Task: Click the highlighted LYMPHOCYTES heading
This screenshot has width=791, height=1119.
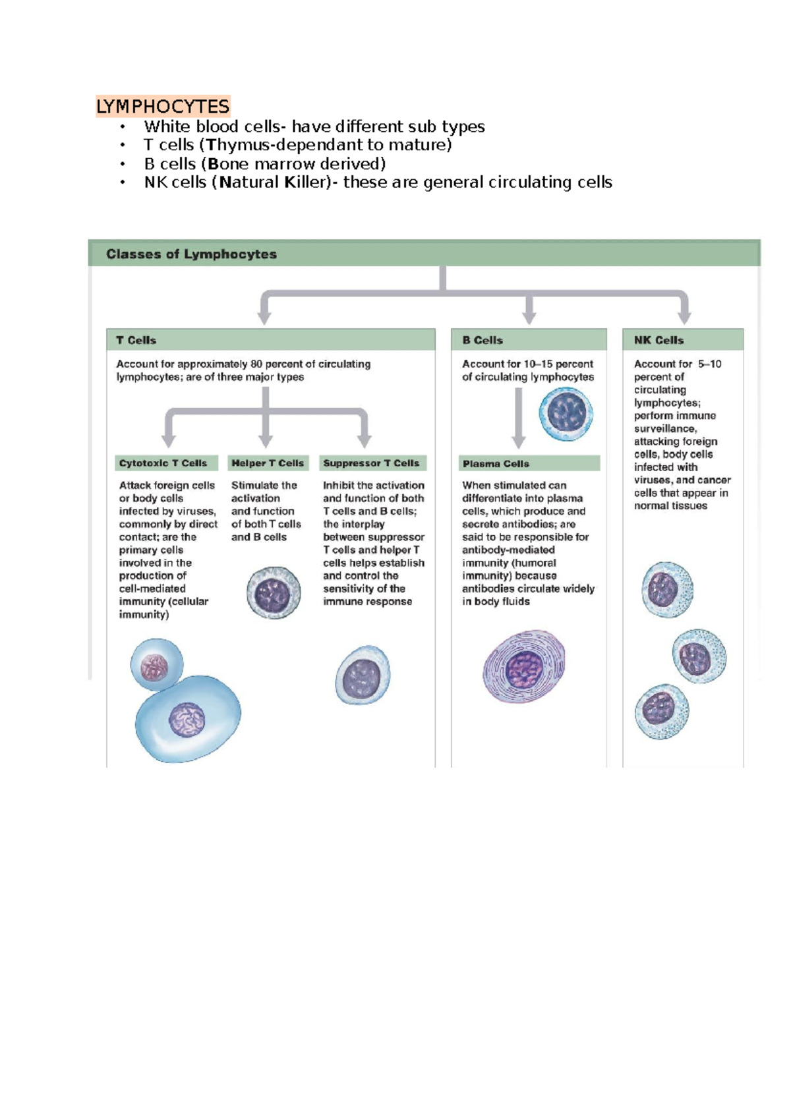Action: tap(163, 106)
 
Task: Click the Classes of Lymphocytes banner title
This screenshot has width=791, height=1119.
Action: tap(191, 254)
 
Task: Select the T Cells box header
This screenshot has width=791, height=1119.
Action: tap(136, 340)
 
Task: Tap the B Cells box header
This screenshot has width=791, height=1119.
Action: tap(483, 340)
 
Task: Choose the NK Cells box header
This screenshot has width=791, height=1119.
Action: tap(659, 340)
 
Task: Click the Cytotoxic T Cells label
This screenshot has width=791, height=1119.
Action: tap(163, 463)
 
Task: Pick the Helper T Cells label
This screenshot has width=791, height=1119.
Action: tap(268, 463)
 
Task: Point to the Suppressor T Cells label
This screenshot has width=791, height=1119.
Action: tap(371, 463)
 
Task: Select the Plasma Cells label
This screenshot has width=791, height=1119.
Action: tap(496, 464)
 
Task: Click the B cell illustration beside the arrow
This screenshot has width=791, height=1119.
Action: tap(566, 414)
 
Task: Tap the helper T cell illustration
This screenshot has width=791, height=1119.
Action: tap(274, 592)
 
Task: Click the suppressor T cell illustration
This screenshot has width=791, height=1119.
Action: tap(363, 675)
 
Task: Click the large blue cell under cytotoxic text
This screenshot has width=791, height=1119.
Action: tap(188, 718)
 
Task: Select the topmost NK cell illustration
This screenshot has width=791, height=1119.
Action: tap(667, 589)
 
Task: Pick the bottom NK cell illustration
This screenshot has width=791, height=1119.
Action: tap(662, 711)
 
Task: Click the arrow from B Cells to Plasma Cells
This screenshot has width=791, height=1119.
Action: tap(519, 418)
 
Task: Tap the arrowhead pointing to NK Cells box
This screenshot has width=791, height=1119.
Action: tap(684, 317)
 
